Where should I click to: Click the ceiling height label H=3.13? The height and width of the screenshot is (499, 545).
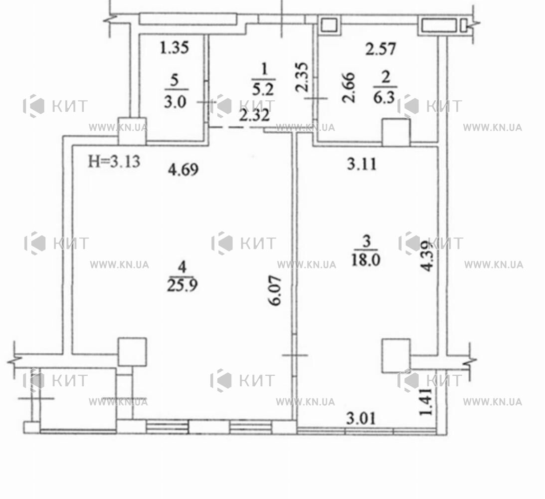point(114,161)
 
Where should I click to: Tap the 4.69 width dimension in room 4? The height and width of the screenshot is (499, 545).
point(183,170)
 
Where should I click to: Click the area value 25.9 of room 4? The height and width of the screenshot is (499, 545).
point(182,285)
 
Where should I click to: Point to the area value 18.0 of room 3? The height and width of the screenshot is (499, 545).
point(365,259)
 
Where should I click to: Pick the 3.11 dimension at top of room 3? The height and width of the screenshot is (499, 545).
point(362,164)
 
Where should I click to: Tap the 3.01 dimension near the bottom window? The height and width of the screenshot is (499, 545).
point(361,419)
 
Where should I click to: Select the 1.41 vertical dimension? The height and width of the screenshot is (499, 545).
point(426,402)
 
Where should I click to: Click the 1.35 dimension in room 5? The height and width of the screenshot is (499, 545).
point(175,47)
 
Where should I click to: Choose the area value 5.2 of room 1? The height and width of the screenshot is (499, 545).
point(263,90)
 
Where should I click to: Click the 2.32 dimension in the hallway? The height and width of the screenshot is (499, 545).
point(254,115)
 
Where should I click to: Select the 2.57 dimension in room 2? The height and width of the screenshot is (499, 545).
point(380,49)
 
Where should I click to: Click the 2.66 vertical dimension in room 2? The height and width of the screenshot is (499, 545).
point(349,88)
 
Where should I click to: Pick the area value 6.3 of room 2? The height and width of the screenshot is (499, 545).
point(384,98)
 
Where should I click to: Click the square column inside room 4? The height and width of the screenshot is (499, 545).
point(132,352)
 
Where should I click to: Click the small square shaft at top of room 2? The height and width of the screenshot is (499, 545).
point(329,25)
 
